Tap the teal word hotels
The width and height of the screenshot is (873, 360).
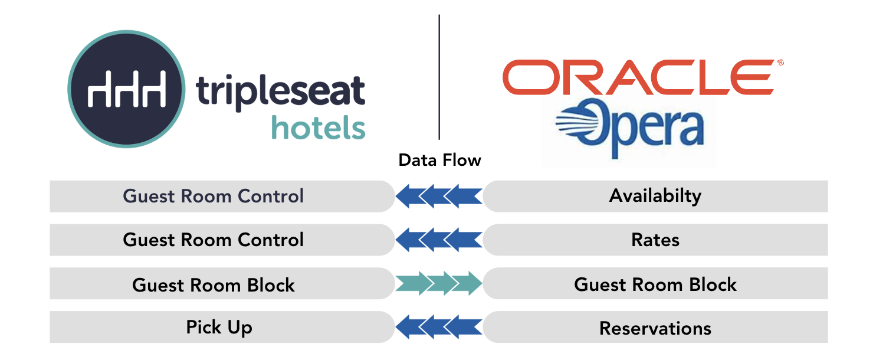coord(318,127)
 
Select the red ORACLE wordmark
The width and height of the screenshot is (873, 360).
coord(638,77)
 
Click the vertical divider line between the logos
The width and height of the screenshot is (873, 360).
coord(439,77)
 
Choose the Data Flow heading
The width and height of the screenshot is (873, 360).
coord(439,160)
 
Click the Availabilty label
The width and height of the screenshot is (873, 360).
coord(655,196)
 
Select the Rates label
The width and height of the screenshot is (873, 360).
coord(655,240)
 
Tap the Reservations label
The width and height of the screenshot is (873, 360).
coord(655,328)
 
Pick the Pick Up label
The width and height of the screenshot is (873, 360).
coord(219,327)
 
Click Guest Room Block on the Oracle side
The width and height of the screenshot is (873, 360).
coord(655,284)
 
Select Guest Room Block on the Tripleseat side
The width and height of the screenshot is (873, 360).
coord(213,285)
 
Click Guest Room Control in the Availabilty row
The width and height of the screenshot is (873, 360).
coord(213,196)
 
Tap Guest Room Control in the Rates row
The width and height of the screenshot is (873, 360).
coord(213,240)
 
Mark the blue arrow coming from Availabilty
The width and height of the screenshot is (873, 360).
coord(439,196)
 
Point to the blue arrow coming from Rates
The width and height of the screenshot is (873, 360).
coord(439,240)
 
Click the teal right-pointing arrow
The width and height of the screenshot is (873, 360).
coord(439,284)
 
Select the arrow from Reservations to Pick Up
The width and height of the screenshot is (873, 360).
coord(439,328)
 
